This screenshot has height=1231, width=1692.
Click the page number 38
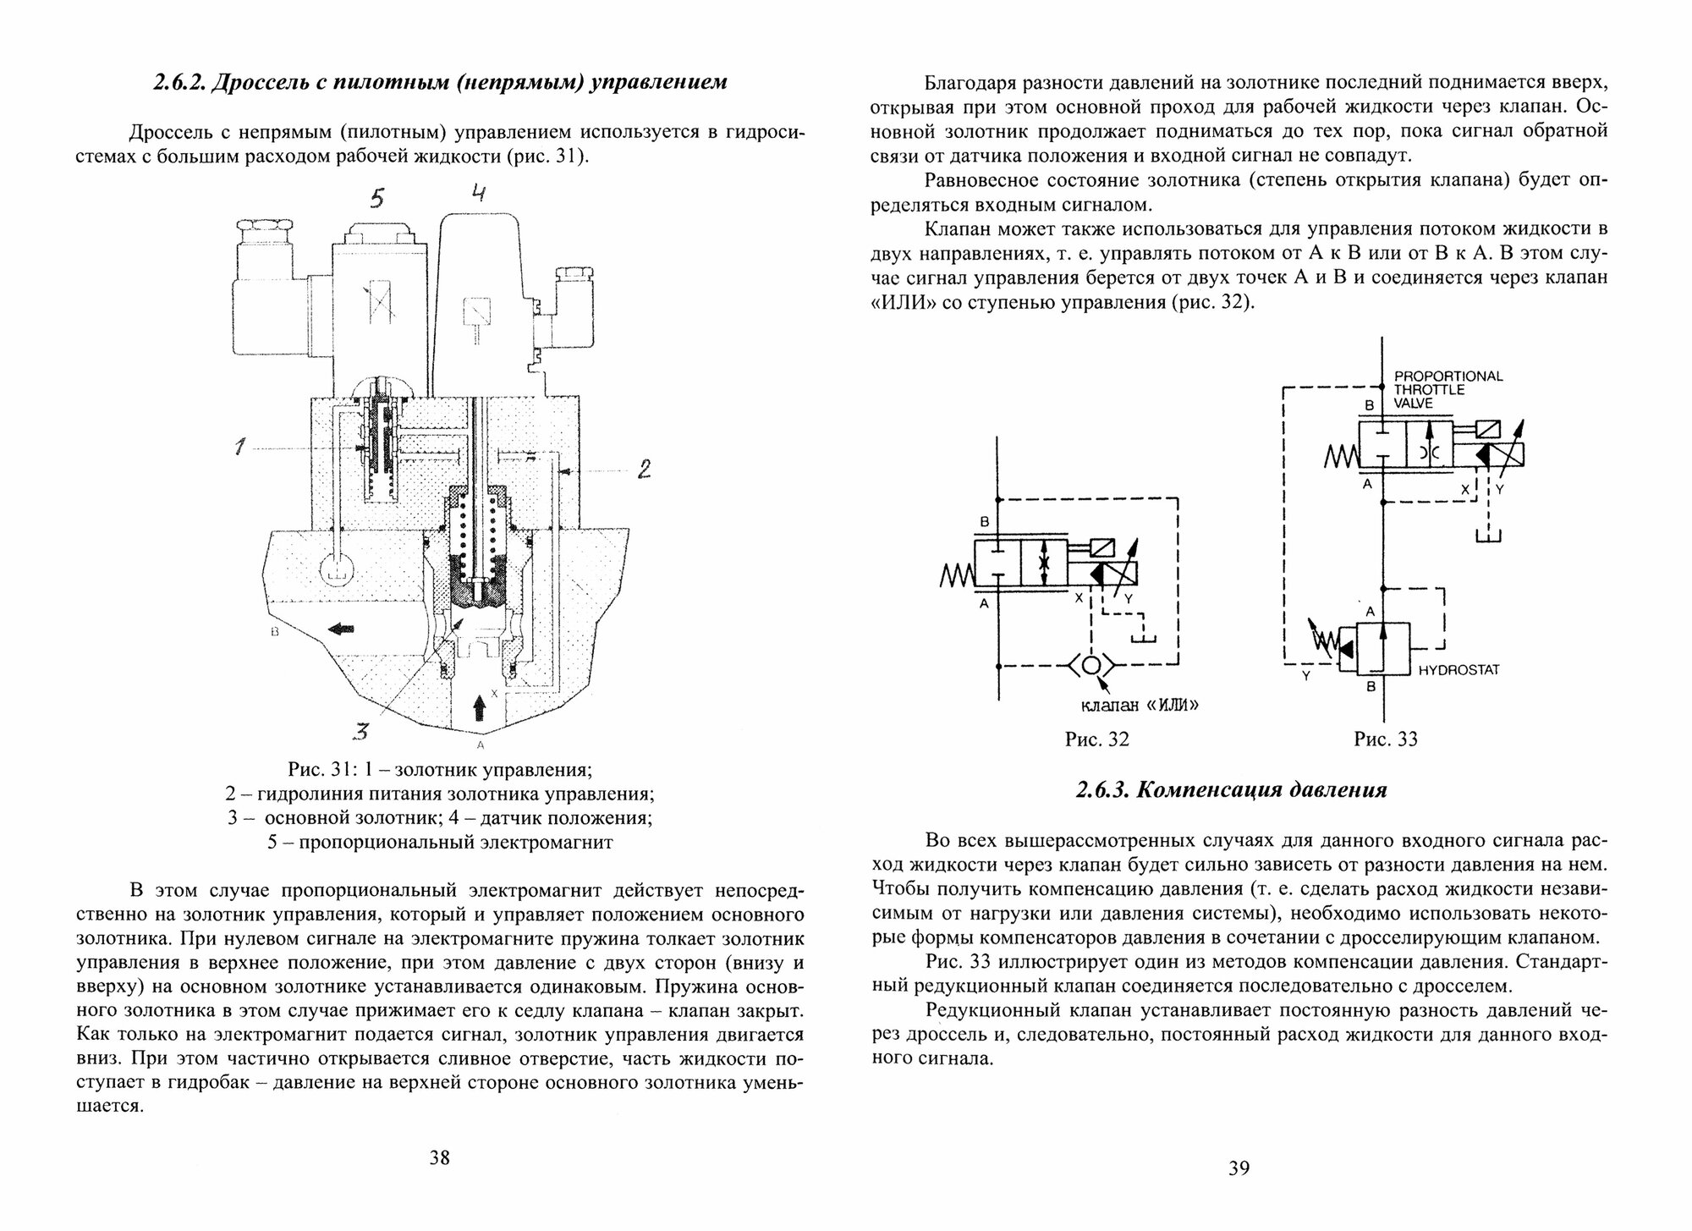tap(439, 1157)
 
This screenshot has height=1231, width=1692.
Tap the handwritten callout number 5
tap(377, 198)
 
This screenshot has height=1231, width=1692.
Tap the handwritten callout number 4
tap(478, 194)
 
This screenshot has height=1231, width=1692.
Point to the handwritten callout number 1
tap(240, 448)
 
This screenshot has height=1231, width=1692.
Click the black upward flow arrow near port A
tap(480, 703)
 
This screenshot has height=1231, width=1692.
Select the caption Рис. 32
tap(1096, 739)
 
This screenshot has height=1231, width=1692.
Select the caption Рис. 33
tap(1385, 739)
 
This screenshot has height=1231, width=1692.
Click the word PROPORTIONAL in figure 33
tap(1448, 376)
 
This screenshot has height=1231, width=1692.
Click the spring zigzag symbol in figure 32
tap(958, 578)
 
